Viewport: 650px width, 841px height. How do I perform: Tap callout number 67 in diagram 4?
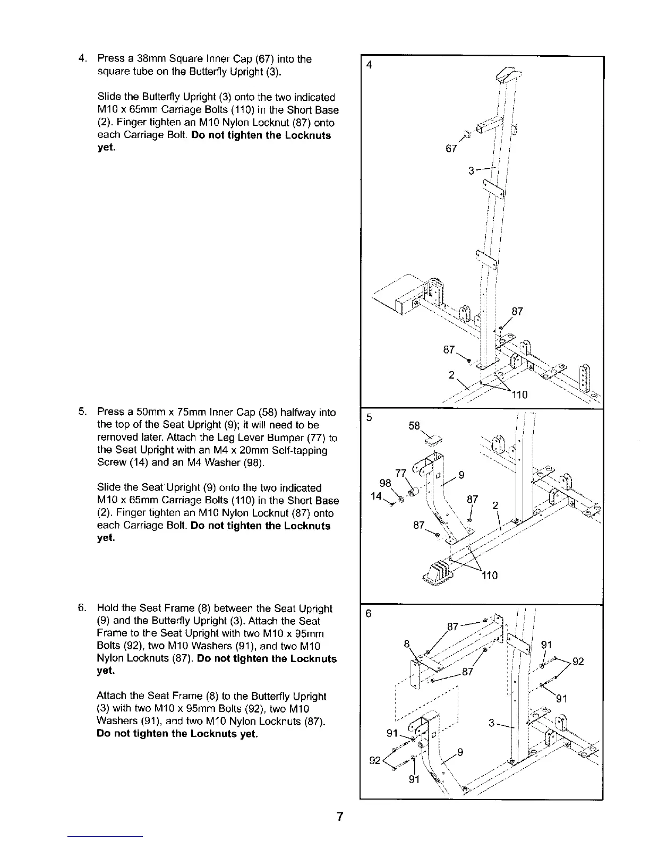451,149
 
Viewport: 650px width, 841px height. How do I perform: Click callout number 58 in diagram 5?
414,426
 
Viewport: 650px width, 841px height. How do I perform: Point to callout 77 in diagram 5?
401,474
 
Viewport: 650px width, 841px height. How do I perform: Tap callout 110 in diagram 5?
489,576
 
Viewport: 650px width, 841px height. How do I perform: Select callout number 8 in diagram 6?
407,644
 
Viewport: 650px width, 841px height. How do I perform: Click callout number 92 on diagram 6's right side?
578,662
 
